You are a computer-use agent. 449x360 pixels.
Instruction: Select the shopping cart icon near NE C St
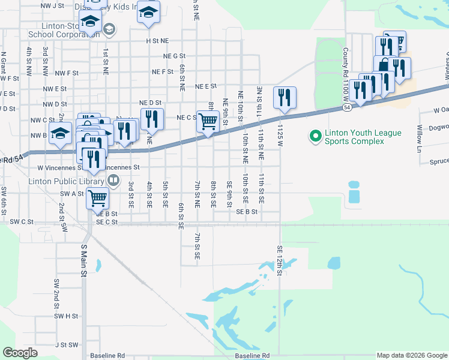click(x=208, y=121)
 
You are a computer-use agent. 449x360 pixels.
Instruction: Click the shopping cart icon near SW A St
click(x=97, y=197)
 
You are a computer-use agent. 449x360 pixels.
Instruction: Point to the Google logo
click(x=20, y=352)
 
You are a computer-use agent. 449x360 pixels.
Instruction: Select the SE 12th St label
click(x=280, y=260)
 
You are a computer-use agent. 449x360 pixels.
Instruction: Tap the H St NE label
click(x=157, y=41)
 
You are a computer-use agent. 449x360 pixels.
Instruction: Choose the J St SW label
click(x=66, y=345)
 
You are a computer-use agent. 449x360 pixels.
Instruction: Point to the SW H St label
click(x=66, y=316)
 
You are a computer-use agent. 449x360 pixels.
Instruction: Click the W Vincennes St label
click(x=56, y=168)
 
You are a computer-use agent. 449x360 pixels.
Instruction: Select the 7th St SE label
click(x=197, y=246)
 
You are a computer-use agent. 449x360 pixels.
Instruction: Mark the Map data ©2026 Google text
click(x=412, y=355)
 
